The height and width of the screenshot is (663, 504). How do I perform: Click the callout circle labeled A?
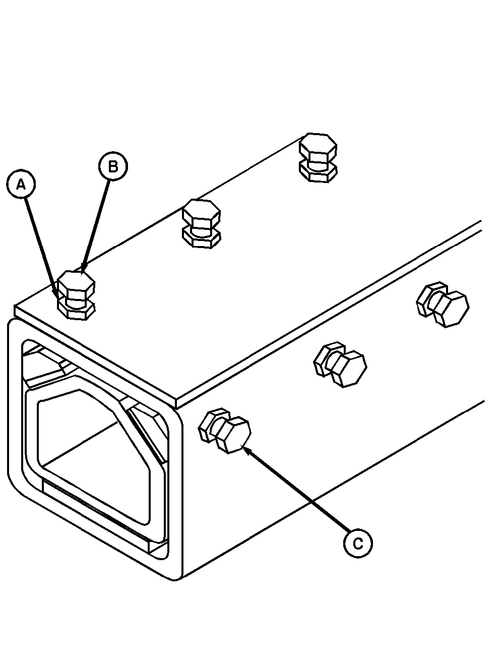point(21,184)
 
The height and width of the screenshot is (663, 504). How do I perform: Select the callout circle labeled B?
point(113,166)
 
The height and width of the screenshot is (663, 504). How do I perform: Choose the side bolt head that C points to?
point(233,435)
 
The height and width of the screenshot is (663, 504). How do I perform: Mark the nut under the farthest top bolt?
point(318,173)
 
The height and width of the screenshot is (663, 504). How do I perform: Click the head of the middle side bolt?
point(349,369)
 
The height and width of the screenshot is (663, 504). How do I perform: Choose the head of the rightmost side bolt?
point(452,309)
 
